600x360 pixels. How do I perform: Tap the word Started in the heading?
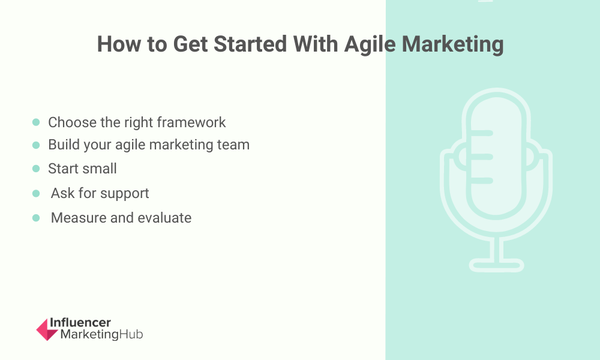(x=250, y=44)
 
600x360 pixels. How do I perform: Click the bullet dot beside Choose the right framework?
(x=36, y=122)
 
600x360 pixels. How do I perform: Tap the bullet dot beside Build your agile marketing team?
(x=36, y=145)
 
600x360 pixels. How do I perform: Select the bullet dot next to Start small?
(x=36, y=169)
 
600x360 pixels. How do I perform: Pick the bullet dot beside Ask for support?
(x=36, y=193)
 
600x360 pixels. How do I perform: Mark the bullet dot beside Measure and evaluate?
(x=36, y=218)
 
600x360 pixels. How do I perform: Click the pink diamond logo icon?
(x=47, y=329)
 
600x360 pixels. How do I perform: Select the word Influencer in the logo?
(x=80, y=323)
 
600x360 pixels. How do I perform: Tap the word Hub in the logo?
(x=131, y=334)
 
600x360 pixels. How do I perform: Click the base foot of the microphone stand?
(x=496, y=265)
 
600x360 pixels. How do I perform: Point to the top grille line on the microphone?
(x=482, y=133)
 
